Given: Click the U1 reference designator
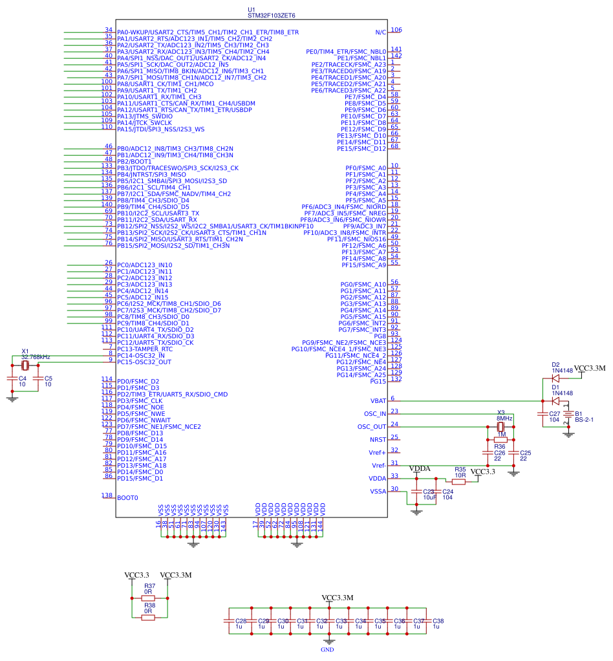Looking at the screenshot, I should coord(252,10).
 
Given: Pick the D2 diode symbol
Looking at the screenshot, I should coord(555,378).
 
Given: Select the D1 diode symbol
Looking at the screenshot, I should coord(555,401).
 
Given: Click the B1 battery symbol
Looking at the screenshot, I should coord(568,416).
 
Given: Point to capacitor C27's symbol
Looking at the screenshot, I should coord(543,416).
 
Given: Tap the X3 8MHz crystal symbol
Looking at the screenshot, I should coord(500,427).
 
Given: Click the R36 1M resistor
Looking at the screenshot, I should coord(500,440).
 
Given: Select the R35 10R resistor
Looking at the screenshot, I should coord(460,482).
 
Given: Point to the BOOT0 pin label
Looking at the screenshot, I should coord(127,497).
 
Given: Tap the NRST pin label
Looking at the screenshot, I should coord(377,439).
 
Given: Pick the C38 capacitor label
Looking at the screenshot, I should coord(438,620).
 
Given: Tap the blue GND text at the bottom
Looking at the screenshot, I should coord(327,649).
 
